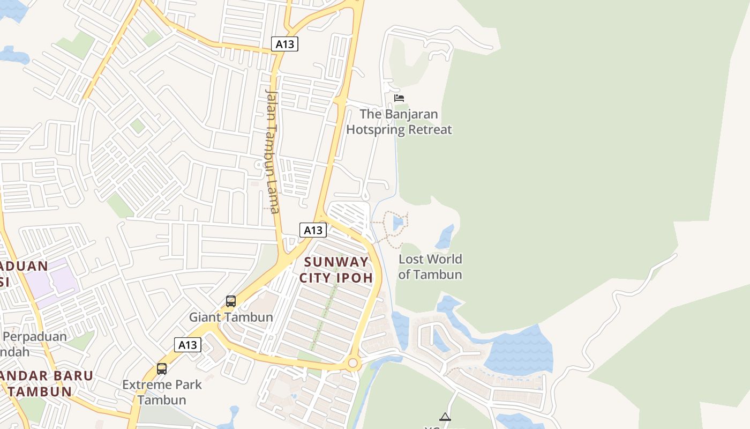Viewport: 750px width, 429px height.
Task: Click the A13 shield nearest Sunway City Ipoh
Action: pyautogui.click(x=313, y=230)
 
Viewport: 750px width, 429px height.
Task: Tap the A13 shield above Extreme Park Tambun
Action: pyautogui.click(x=187, y=345)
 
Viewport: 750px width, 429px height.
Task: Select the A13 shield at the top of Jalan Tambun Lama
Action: pyautogui.click(x=284, y=44)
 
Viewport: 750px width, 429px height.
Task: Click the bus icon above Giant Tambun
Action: pyautogui.click(x=231, y=301)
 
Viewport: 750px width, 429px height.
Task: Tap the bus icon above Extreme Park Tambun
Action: pyautogui.click(x=162, y=369)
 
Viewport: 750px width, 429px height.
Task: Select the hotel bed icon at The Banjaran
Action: pyautogui.click(x=399, y=98)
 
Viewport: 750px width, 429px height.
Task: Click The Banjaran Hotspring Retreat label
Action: pyautogui.click(x=399, y=122)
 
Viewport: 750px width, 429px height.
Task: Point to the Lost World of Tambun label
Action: pyautogui.click(x=430, y=267)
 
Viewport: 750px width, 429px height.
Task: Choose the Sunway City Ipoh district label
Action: pyautogui.click(x=336, y=270)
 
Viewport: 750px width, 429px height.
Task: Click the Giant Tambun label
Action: pyautogui.click(x=231, y=317)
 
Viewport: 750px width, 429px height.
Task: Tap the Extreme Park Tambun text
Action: pyautogui.click(x=162, y=392)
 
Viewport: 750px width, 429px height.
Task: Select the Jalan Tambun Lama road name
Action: pyautogui.click(x=273, y=150)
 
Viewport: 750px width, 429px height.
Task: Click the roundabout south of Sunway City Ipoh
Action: pyautogui.click(x=352, y=364)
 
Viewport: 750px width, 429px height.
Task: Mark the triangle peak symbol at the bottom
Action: pyautogui.click(x=445, y=417)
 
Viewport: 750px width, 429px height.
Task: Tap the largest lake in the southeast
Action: pyautogui.click(x=520, y=351)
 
